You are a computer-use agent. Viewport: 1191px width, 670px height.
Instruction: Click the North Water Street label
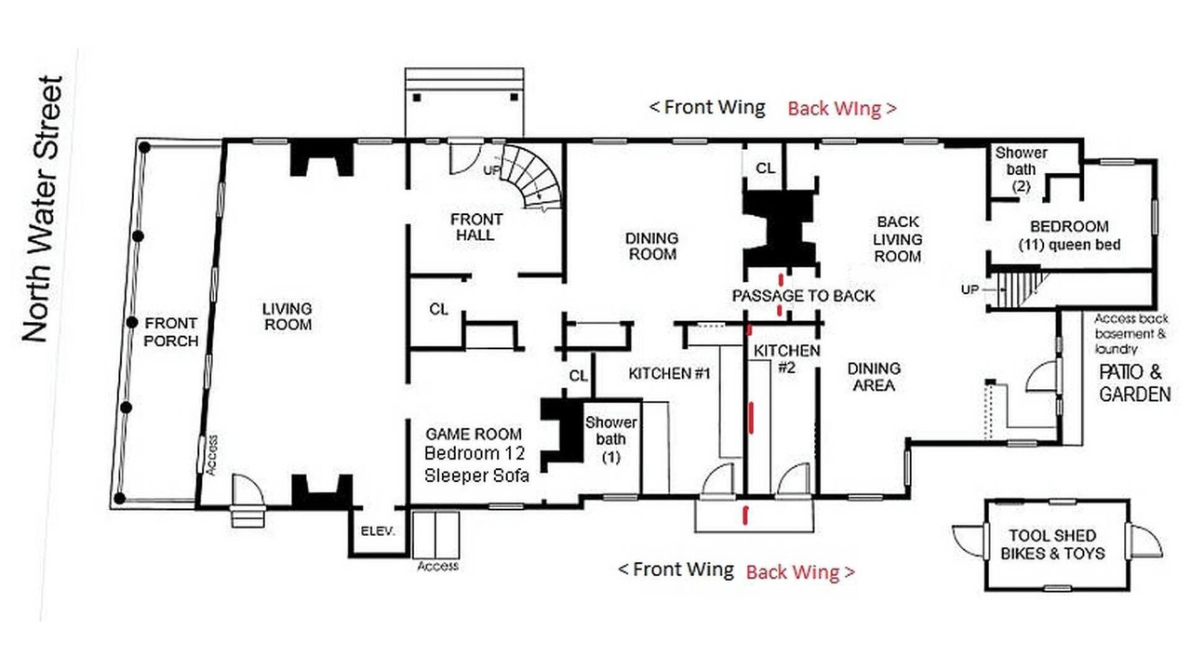pos(43,208)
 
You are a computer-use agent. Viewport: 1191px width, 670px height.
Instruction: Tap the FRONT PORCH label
pos(170,332)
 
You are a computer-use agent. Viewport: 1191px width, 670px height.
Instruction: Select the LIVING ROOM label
pos(288,316)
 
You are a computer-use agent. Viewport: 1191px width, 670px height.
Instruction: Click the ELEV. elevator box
pos(378,531)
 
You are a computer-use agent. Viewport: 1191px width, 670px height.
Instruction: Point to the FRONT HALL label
pos(475,227)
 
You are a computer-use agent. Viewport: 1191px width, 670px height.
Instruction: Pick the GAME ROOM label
pos(474,434)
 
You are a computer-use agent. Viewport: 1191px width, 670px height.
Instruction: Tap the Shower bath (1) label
pos(611,440)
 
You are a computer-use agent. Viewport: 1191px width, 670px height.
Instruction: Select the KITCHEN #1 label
pos(669,374)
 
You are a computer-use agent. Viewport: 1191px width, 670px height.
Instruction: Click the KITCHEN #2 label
pos(787,359)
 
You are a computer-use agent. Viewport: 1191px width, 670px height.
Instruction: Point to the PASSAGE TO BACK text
pos(803,296)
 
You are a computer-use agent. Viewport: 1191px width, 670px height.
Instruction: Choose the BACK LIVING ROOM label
pos(898,239)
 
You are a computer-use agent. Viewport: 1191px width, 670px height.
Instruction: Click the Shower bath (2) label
pos(1021,169)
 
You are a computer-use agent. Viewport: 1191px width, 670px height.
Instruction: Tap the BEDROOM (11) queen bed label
pos(1069,235)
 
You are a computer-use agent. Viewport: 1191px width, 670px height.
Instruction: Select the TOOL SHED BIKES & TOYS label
pos(1052,544)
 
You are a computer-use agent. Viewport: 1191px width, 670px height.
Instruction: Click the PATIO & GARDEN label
pos(1134,383)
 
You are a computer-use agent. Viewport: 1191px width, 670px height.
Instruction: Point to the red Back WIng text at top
pos(842,109)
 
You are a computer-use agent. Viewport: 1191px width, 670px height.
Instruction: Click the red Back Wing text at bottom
pos(800,572)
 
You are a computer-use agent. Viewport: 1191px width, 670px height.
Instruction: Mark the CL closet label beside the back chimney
pos(765,168)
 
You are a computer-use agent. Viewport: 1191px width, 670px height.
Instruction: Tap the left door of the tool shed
pos(969,542)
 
